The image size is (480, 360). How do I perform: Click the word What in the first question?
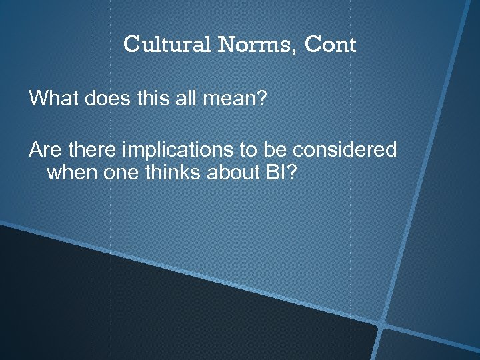tap(54, 99)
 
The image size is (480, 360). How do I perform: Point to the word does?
tap(105, 99)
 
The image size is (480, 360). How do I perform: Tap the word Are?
tap(43, 149)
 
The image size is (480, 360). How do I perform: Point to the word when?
tap(71, 173)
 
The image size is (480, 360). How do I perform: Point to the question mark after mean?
tap(261, 99)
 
